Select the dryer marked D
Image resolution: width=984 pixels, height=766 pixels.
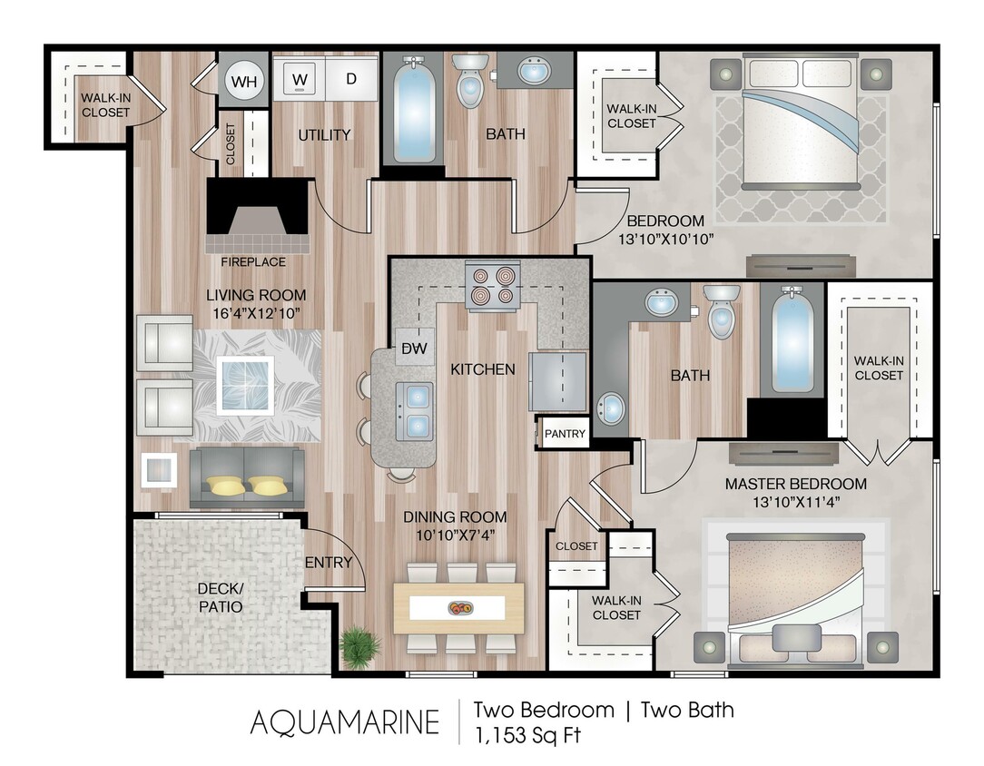click(x=351, y=79)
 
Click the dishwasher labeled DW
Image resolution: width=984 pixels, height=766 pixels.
click(x=415, y=349)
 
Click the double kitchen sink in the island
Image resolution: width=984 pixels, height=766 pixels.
click(x=414, y=409)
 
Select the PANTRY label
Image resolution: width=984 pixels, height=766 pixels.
click(x=565, y=434)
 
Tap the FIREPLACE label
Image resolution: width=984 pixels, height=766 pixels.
click(x=253, y=262)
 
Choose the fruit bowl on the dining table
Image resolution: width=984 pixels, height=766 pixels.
click(x=459, y=607)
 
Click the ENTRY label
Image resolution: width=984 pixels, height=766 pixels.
click(x=328, y=563)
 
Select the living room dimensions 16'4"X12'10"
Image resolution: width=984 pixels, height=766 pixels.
click(x=256, y=313)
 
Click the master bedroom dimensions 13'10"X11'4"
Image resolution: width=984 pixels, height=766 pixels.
click(x=795, y=502)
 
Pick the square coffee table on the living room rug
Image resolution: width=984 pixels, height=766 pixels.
click(x=245, y=383)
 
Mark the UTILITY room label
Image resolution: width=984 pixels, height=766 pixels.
click(x=324, y=135)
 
